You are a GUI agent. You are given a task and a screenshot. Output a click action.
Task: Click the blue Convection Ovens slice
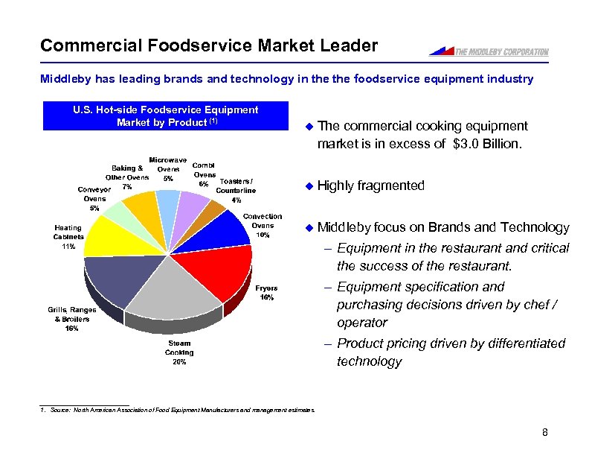(222, 229)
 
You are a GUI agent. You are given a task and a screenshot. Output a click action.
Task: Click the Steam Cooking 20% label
(178, 353)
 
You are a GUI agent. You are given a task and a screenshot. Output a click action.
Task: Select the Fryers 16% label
(266, 292)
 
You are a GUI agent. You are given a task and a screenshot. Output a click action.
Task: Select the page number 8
(544, 433)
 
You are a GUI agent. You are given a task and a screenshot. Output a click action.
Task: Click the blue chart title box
(166, 116)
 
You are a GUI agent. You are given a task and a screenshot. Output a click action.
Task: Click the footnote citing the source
(178, 410)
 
